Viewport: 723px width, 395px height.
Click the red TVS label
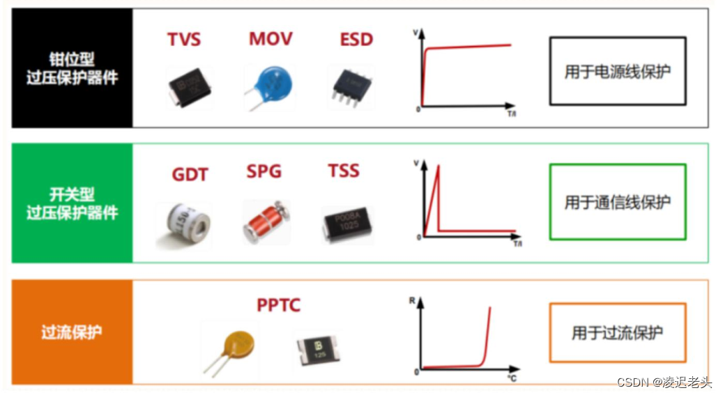pyautogui.click(x=184, y=39)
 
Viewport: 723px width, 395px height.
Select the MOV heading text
pyautogui.click(x=271, y=38)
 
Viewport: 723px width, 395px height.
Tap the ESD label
pyautogui.click(x=356, y=39)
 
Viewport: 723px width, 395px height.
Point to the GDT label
pyautogui.click(x=190, y=173)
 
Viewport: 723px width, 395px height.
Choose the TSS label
pyautogui.click(x=344, y=171)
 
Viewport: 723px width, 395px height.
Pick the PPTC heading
pyautogui.click(x=278, y=305)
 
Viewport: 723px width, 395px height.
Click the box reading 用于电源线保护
pyautogui.click(x=617, y=71)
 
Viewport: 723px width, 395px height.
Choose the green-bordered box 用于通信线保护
pyautogui.click(x=617, y=202)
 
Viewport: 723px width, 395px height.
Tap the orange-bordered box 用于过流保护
pyautogui.click(x=617, y=332)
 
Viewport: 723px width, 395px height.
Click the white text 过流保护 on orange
pyautogui.click(x=72, y=332)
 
